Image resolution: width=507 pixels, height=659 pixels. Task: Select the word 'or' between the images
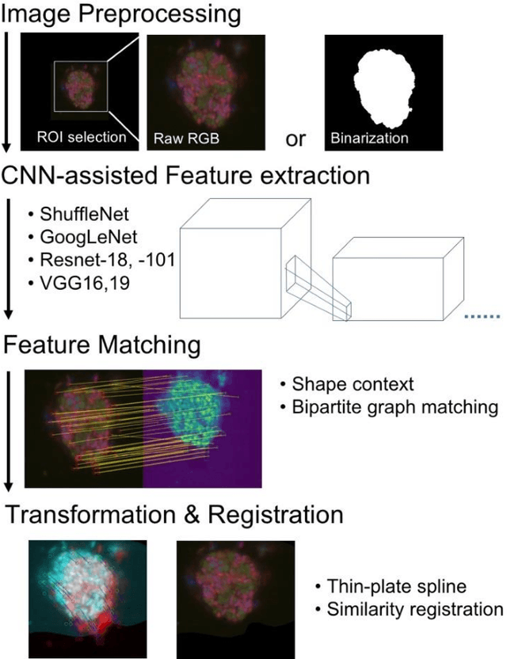coord(295,139)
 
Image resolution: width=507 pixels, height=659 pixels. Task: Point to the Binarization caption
coord(371,137)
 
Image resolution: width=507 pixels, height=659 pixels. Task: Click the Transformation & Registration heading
coord(174,516)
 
